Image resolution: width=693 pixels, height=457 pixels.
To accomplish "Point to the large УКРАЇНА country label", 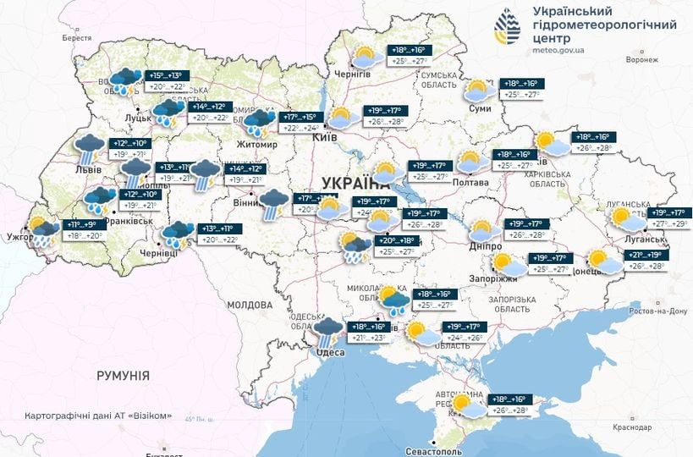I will [352, 183].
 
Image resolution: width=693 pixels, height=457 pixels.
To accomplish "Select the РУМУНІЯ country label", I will [122, 375].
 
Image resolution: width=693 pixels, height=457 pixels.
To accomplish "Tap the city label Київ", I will [325, 137].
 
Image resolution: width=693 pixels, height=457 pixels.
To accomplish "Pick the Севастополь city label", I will [461, 442].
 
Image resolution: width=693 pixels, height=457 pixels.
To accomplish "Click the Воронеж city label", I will [641, 60].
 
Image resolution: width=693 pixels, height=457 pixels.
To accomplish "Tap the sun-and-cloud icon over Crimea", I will [467, 405].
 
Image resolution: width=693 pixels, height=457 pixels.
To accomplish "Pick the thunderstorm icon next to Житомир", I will [260, 123].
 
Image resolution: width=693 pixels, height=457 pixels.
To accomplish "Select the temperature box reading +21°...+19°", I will [646, 254].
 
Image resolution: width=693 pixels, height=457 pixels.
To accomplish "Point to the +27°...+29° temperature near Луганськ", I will [670, 223].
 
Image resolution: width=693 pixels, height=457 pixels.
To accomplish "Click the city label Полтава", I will [471, 183].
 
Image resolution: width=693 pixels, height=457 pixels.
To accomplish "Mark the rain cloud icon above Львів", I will [89, 149].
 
